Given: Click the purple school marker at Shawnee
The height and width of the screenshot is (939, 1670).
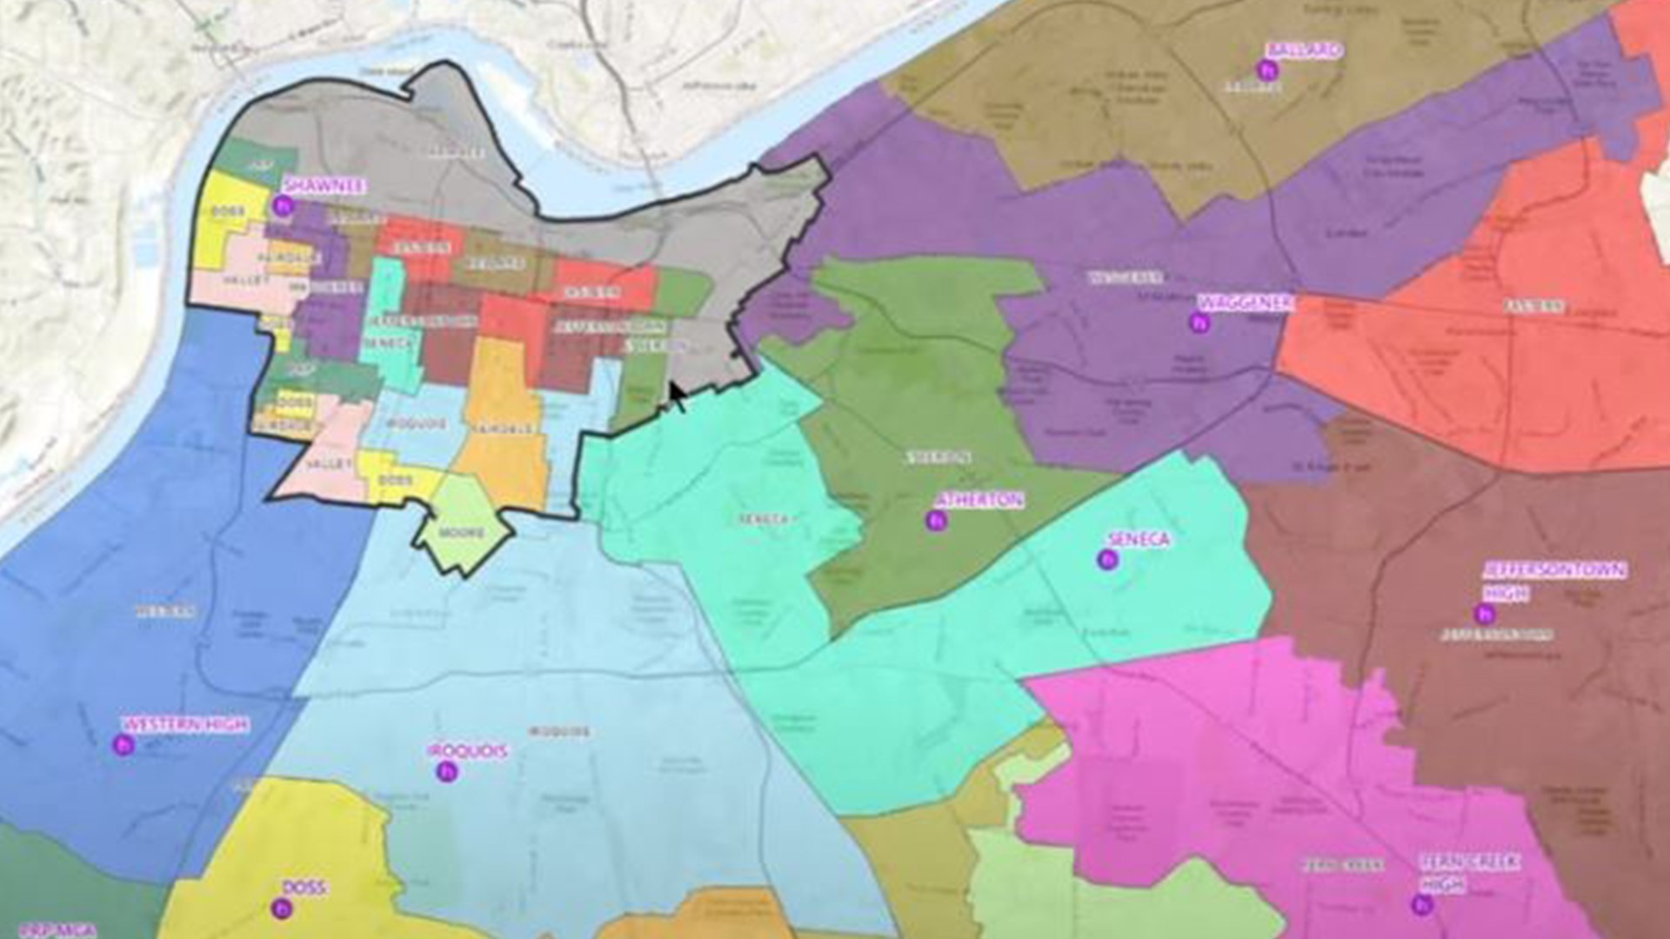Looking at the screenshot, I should point(281,206).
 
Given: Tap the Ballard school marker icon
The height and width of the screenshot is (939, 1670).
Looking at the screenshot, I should point(1267,70).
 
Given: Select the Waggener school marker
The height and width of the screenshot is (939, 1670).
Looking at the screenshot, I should point(1200,323).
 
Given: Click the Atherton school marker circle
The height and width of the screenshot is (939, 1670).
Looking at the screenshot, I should point(936,521).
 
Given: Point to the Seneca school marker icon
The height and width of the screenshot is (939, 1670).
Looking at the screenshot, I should point(1107,560).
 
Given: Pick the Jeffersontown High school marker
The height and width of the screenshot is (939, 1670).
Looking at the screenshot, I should point(1485,615).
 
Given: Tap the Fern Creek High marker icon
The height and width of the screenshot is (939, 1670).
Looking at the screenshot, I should point(1422,905).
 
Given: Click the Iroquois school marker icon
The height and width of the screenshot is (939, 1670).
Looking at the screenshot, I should point(447,771).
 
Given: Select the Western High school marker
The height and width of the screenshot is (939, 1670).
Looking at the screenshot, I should point(124,744).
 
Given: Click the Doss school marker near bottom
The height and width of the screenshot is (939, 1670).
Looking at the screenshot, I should point(281,909).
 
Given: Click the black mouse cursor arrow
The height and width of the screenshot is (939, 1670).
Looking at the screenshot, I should point(677,396).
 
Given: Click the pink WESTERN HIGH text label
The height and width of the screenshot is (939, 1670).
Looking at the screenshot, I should point(185,724).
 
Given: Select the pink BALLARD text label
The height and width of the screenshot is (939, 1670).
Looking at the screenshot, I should point(1305,50).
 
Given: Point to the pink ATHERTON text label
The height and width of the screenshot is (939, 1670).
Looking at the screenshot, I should point(979,500).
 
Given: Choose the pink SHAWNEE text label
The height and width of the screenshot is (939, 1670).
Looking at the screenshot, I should point(324,186).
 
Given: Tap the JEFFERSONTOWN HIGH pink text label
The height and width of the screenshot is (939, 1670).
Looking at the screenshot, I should point(1553,581).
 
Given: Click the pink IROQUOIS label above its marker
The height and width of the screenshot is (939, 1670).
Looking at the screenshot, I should point(468,750).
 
